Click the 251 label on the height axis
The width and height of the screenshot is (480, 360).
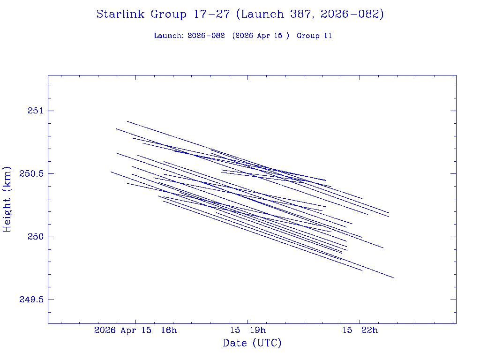pos(35,111)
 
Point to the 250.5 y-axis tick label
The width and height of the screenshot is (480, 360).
pos(31,173)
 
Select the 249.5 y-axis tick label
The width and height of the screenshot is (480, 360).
pos(31,300)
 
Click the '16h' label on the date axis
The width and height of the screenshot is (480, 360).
pos(169,330)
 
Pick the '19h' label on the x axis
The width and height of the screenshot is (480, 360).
pos(257,330)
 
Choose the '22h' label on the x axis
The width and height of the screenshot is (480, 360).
pos(369,330)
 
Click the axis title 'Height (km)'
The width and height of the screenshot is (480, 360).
pos(7,199)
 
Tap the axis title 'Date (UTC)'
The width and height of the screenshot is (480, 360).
pos(252,343)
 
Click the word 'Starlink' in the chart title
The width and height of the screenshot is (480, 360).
pos(121,14)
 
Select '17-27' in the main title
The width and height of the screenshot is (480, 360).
pos(211,14)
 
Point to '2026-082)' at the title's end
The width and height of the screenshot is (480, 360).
pos(352,14)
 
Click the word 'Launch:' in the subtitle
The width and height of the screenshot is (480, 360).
pos(169,36)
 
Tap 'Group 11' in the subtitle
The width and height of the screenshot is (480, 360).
pos(314,36)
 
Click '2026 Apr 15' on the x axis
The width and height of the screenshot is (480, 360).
pos(123,330)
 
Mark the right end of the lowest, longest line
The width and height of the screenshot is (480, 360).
pos(394,278)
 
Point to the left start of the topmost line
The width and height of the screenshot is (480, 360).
pos(127,121)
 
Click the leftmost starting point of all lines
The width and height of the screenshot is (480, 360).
pos(111,172)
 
